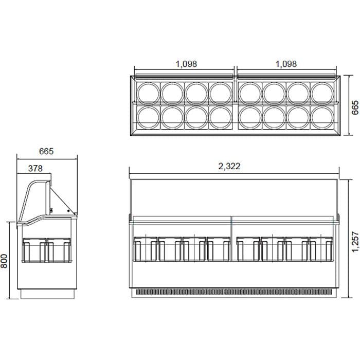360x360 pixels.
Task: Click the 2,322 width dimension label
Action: click(x=229, y=166)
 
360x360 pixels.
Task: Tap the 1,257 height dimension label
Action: click(x=355, y=242)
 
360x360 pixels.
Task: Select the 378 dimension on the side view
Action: click(x=35, y=169)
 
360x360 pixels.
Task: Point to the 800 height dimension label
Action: click(x=4, y=261)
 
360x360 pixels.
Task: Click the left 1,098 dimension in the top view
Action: click(x=186, y=64)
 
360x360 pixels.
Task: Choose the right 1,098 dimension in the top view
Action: click(x=286, y=64)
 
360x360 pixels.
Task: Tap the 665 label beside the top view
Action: click(x=355, y=107)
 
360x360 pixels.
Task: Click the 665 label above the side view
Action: click(x=46, y=151)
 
